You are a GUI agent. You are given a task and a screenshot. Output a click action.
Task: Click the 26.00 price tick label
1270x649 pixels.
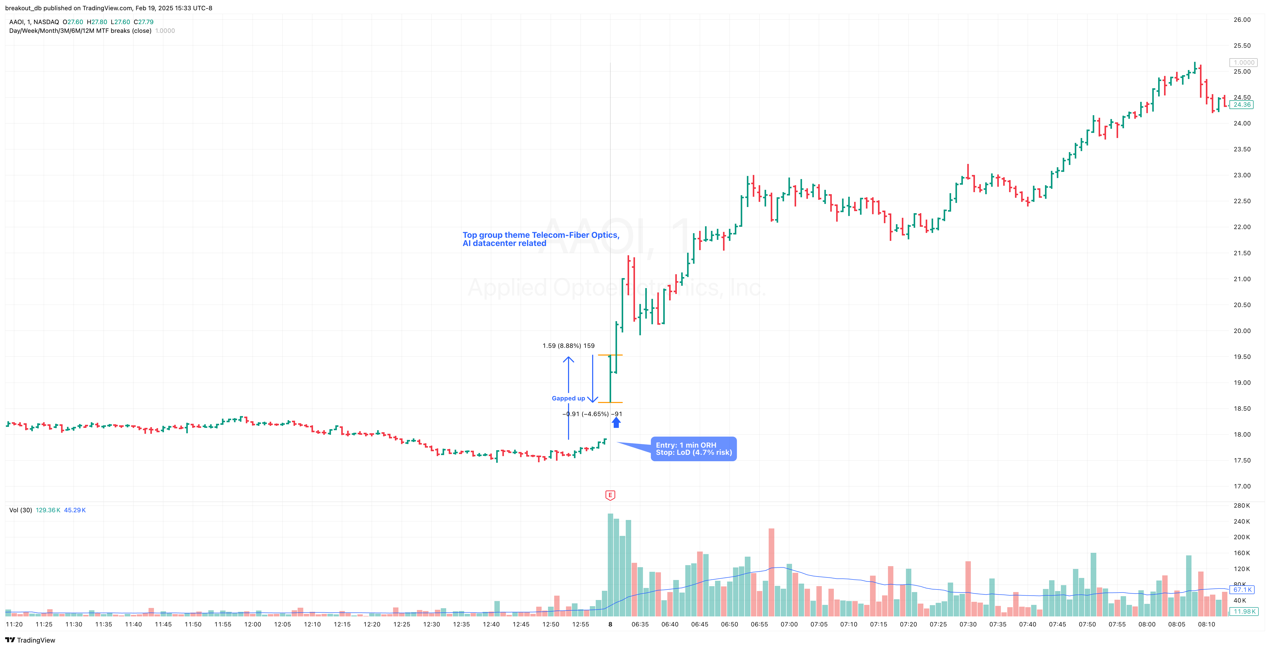coord(1242,20)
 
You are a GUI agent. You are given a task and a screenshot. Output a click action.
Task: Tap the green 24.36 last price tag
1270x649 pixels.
coord(1242,104)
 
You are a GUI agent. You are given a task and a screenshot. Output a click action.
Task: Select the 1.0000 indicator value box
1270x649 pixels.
coord(1243,63)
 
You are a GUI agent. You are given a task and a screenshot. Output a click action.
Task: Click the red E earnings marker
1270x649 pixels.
coord(610,495)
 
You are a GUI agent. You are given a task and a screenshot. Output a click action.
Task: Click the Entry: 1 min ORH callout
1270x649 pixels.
coord(693,448)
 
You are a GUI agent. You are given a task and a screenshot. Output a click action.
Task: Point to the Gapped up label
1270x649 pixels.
coord(568,398)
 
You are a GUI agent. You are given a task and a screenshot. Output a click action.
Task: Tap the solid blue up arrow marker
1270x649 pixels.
coord(616,422)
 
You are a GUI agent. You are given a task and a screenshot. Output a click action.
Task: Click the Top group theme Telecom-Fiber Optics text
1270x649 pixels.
coord(540,235)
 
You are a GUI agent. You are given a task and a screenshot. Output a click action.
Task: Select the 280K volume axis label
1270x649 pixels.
coord(1242,506)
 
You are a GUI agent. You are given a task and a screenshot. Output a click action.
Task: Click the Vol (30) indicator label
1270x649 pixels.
coord(20,510)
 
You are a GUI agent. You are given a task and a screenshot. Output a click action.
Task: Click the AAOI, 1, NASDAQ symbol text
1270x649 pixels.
coord(34,22)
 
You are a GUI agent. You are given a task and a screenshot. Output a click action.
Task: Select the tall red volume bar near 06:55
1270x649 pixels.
coord(771,572)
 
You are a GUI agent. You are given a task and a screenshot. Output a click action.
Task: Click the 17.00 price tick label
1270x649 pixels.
coord(1242,486)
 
